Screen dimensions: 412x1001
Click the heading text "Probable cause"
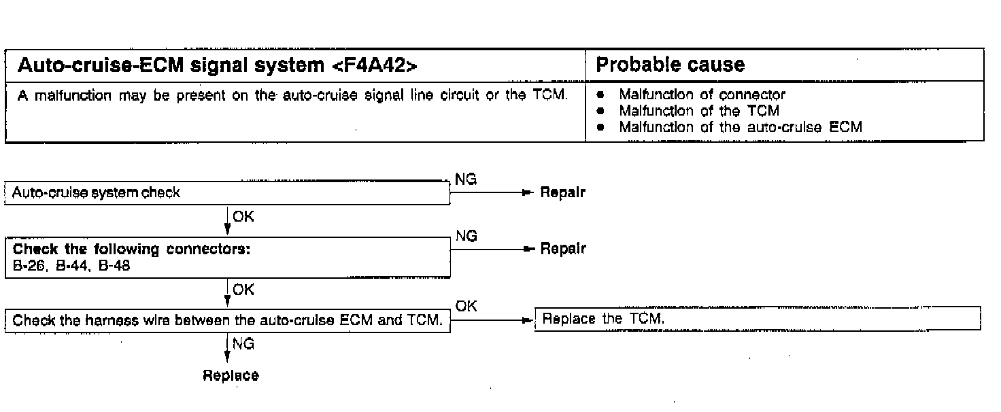point(670,65)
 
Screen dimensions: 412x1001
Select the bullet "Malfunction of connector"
point(702,95)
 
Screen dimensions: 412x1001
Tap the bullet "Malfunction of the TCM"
point(699,111)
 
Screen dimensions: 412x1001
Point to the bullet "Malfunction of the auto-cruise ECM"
point(741,126)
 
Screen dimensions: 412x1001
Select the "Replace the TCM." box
point(758,318)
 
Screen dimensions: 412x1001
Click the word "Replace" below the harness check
point(231,376)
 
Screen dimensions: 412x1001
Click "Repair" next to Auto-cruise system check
point(562,193)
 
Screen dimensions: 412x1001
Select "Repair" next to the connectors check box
point(562,249)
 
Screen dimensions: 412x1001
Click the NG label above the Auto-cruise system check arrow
point(466,179)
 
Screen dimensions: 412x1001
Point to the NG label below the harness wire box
point(243,344)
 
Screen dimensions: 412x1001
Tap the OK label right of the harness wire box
point(466,307)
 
